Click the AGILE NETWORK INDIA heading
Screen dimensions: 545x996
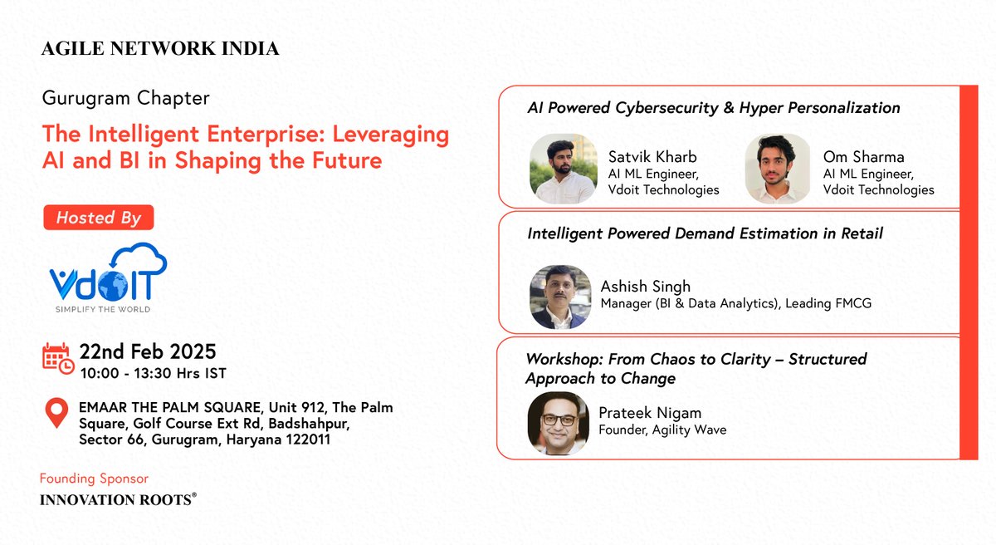tap(160, 49)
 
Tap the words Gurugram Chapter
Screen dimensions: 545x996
tap(125, 98)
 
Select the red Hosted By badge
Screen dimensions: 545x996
tap(98, 218)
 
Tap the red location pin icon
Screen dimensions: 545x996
tap(56, 413)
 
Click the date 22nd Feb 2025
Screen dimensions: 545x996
tap(148, 350)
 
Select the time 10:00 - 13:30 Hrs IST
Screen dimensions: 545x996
tap(153, 373)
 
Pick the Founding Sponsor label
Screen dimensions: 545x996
tap(94, 479)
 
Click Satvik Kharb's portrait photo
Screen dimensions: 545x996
tap(563, 169)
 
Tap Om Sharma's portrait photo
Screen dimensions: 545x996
tap(778, 169)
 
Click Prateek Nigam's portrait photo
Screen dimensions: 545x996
tap(559, 423)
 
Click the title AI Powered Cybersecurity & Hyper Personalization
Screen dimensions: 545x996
tap(714, 108)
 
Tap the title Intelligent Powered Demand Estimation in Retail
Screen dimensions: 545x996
tap(705, 233)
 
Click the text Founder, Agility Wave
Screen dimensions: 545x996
tap(662, 430)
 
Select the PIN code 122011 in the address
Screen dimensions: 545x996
tap(303, 439)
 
